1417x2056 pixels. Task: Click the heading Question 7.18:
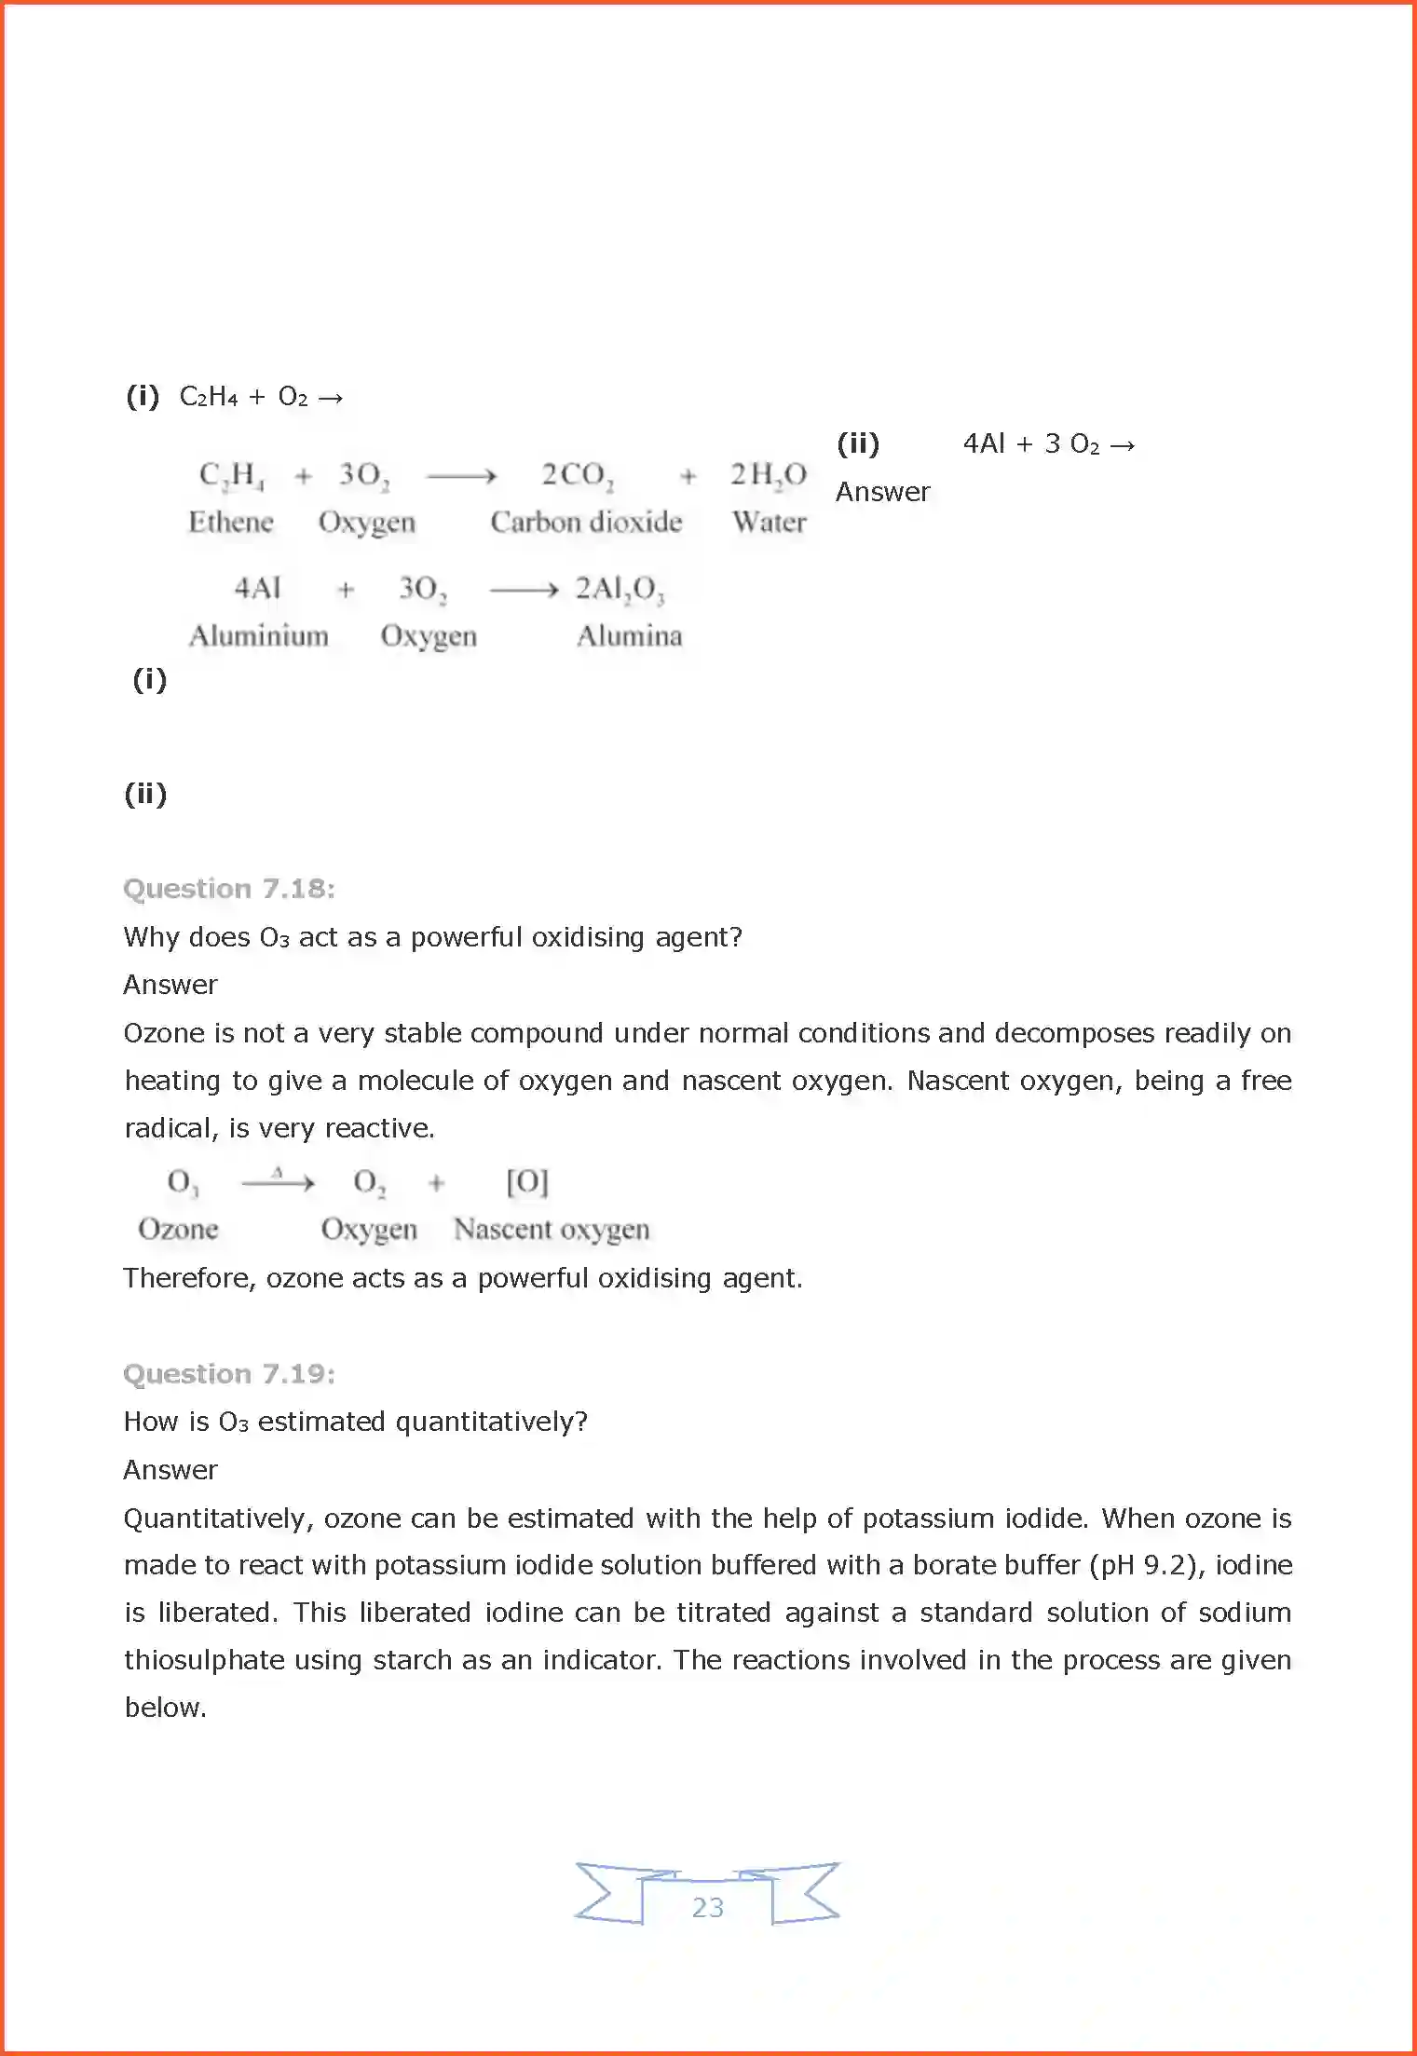click(229, 889)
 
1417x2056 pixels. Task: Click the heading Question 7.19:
click(229, 1374)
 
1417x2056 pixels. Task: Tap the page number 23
click(708, 1907)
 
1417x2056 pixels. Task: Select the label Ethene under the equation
click(231, 522)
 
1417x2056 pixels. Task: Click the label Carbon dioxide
click(586, 522)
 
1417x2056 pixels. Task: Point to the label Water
click(769, 522)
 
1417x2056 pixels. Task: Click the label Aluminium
click(259, 636)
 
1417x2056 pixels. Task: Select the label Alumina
click(630, 636)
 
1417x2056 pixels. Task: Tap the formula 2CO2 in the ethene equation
click(578, 475)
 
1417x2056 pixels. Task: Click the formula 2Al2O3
click(620, 589)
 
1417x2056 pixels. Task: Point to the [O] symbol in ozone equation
click(527, 1182)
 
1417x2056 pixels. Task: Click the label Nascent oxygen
click(552, 1230)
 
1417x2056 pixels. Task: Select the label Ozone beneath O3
click(178, 1230)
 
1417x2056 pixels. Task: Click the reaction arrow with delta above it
click(278, 1183)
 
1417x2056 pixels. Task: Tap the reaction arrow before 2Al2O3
click(524, 590)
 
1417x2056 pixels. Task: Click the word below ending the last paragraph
click(164, 1708)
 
